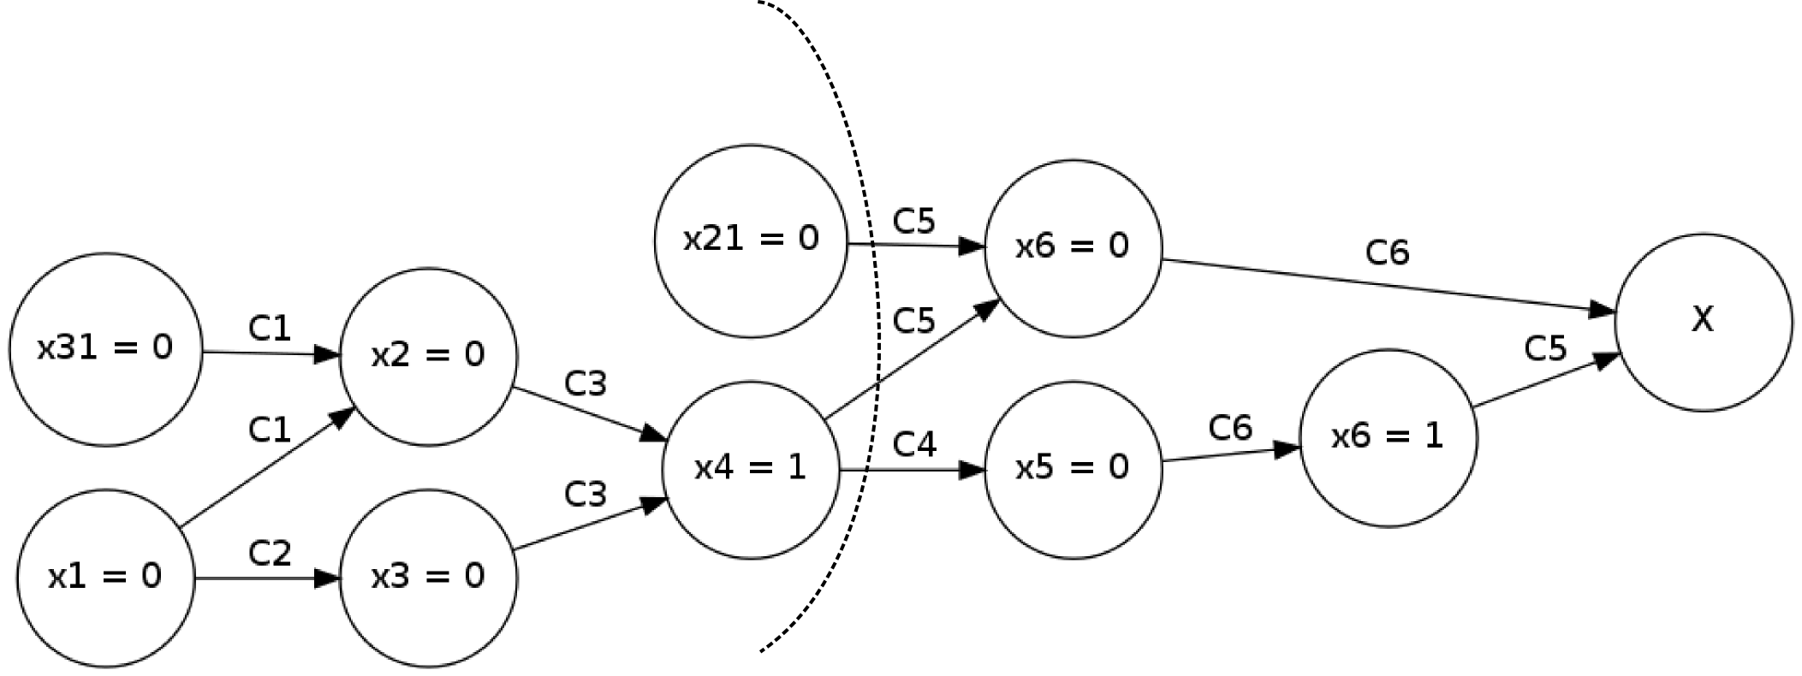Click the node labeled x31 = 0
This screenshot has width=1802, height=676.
[105, 349]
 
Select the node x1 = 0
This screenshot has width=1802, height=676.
[105, 578]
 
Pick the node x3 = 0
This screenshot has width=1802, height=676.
[428, 578]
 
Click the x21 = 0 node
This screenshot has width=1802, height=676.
[751, 240]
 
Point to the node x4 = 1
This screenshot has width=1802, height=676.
[751, 469]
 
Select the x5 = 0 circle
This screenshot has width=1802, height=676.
[1073, 469]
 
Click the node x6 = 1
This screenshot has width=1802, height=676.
[1388, 437]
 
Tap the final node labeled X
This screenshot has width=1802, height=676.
[1703, 322]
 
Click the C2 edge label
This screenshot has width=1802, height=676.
[270, 554]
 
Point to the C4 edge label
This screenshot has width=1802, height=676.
[914, 444]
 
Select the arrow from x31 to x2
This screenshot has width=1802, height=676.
[271, 353]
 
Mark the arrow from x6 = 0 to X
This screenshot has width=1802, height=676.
[1387, 286]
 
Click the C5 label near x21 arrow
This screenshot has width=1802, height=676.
[914, 222]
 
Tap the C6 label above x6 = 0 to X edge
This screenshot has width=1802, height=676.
[1387, 252]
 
